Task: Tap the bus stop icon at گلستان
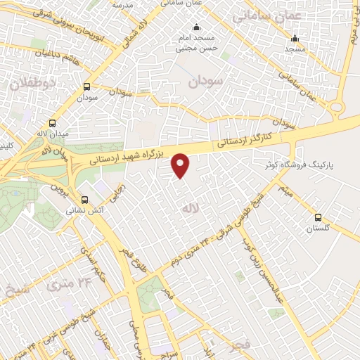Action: [319, 217]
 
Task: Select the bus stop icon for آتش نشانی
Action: [86, 200]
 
